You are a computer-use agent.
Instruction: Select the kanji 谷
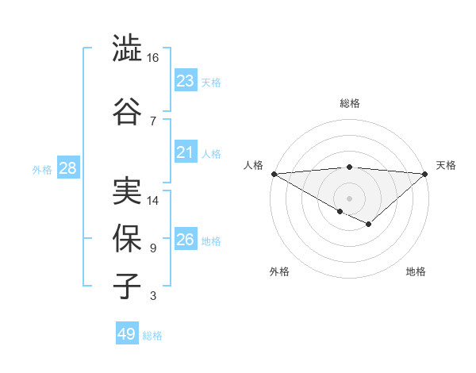(x=127, y=110)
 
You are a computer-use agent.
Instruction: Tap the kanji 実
(x=127, y=191)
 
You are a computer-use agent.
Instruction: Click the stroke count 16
(x=153, y=59)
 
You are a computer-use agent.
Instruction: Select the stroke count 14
(x=153, y=201)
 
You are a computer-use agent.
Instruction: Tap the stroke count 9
(x=152, y=248)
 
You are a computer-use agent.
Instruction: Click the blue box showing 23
(x=185, y=81)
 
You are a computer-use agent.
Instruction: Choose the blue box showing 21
(x=185, y=152)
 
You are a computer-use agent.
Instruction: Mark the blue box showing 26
(x=185, y=240)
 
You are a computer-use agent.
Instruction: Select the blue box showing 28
(x=67, y=168)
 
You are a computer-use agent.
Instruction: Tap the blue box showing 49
(x=127, y=334)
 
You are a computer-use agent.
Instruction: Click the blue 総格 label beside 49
(x=152, y=336)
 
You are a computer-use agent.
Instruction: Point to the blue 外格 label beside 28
(x=42, y=169)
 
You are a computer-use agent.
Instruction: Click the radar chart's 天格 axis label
(x=447, y=165)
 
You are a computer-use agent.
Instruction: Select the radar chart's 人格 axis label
(x=253, y=165)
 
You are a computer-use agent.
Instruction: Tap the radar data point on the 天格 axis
(x=425, y=173)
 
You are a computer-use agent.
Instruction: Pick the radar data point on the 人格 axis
(x=273, y=173)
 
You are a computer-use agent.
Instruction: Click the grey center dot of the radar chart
(x=349, y=198)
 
